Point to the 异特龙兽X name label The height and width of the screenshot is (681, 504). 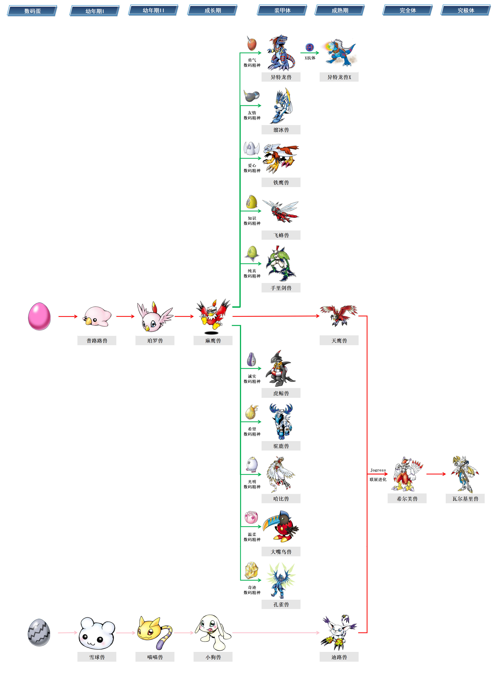tap(339, 77)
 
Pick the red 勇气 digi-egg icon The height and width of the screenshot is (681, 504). tap(252, 44)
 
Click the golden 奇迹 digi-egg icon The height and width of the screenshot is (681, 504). tap(252, 570)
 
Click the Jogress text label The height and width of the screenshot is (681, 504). tap(378, 470)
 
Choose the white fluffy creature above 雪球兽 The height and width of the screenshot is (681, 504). tap(97, 633)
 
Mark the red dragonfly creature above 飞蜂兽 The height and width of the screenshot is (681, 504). tap(281, 211)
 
